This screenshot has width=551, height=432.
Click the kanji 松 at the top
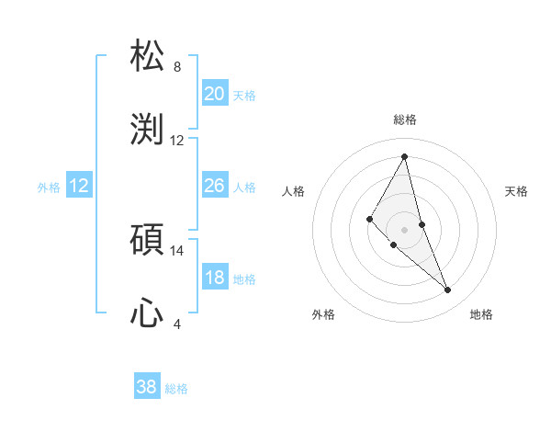(x=148, y=56)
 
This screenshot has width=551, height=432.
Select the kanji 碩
(x=148, y=240)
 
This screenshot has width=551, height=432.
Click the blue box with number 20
(x=214, y=94)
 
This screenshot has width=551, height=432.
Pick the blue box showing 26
(x=214, y=186)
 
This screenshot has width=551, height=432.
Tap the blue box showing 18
(x=214, y=278)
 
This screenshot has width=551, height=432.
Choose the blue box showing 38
(x=146, y=387)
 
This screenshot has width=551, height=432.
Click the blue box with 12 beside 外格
(x=79, y=186)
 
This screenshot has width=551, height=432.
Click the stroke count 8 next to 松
(x=177, y=67)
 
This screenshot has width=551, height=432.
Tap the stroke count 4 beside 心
(x=177, y=324)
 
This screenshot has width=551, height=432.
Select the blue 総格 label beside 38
(x=176, y=389)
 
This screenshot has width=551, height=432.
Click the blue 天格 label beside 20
(x=244, y=96)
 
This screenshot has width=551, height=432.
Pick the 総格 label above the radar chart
(x=405, y=119)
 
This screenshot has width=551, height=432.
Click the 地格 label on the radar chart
(x=481, y=314)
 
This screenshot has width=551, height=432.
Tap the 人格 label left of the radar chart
(x=294, y=191)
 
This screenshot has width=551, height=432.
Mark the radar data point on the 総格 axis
(x=405, y=156)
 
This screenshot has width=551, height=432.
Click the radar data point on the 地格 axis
(x=448, y=290)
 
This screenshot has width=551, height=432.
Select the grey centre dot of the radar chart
(x=405, y=229)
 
